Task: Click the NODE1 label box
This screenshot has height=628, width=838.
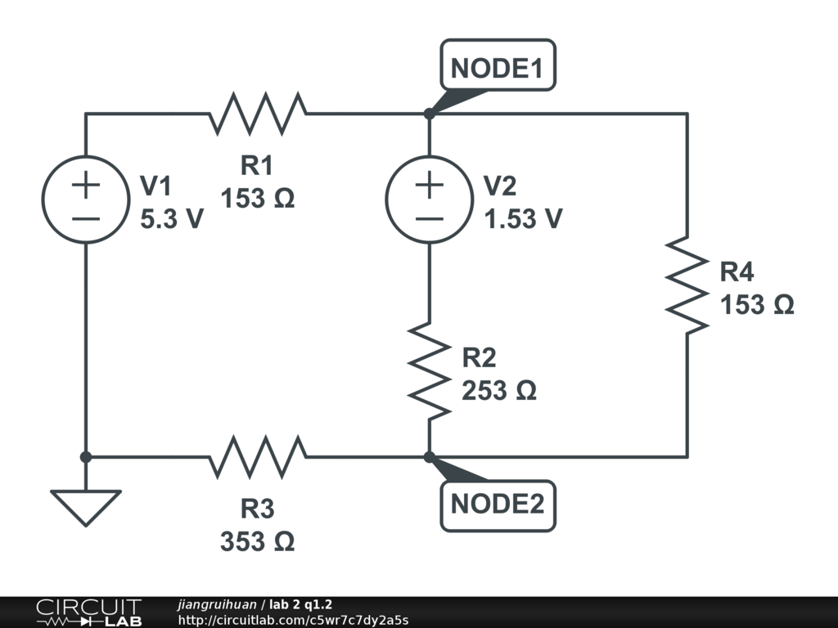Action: pyautogui.click(x=498, y=67)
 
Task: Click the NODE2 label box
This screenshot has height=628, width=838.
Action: pyautogui.click(x=498, y=505)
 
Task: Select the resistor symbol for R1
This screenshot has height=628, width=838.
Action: pyautogui.click(x=257, y=114)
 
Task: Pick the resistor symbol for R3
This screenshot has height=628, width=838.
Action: pyautogui.click(x=257, y=456)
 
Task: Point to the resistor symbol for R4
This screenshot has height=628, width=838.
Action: pyautogui.click(x=687, y=285)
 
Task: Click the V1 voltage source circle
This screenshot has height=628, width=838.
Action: pyautogui.click(x=85, y=200)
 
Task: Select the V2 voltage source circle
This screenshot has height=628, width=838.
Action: pyautogui.click(x=429, y=200)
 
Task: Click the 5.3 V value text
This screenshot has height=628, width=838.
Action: pyautogui.click(x=172, y=219)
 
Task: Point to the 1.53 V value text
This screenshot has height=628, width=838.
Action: pyautogui.click(x=523, y=219)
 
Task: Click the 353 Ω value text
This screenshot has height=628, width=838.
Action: pyautogui.click(x=257, y=541)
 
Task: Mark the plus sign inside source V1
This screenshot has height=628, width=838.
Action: pyautogui.click(x=85, y=184)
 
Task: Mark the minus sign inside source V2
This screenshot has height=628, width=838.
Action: pyautogui.click(x=429, y=218)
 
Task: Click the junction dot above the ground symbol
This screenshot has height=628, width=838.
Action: pyautogui.click(x=85, y=456)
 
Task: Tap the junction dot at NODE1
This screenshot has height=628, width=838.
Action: pyautogui.click(x=429, y=114)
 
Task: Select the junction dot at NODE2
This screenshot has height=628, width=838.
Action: pyautogui.click(x=429, y=456)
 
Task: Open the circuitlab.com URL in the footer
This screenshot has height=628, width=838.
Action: pyautogui.click(x=292, y=620)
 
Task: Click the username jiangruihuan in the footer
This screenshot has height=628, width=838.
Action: pyautogui.click(x=216, y=605)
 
